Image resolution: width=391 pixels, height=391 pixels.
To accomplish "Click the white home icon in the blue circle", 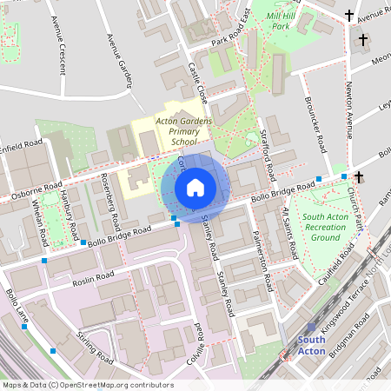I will [x=195, y=187].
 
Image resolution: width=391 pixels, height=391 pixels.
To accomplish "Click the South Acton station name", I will [x=311, y=345].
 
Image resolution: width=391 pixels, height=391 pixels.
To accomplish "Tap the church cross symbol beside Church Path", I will [x=358, y=176].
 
